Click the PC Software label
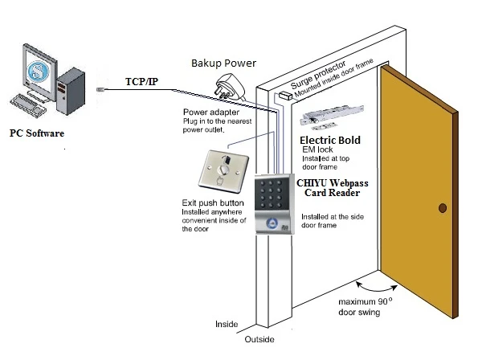point(36,131)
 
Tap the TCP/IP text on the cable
point(142,81)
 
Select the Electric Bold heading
point(329,140)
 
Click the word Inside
point(227,325)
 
